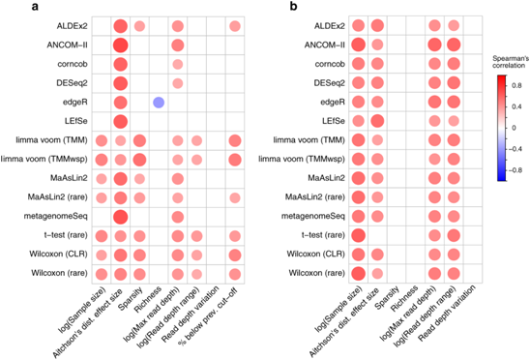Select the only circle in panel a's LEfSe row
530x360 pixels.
121,121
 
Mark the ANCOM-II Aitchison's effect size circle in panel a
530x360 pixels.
121,45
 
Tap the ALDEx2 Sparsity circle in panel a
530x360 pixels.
139,26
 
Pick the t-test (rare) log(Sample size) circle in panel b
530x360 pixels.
358,235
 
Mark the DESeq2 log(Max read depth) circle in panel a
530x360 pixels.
177,83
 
